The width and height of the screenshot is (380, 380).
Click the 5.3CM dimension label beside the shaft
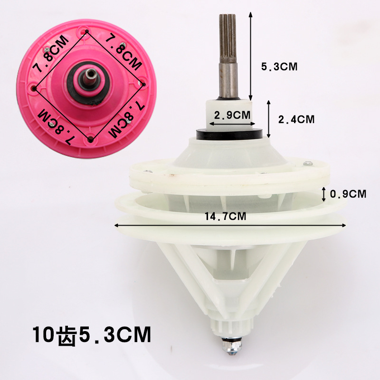[279, 66]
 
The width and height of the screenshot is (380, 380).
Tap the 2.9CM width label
[232, 115]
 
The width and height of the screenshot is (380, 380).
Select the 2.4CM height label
[296, 120]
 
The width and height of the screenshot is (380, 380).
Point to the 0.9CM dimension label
[348, 194]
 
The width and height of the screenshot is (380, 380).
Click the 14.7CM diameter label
[225, 216]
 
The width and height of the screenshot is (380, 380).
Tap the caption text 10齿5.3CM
[92, 335]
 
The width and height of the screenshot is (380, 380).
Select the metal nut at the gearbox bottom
[231, 344]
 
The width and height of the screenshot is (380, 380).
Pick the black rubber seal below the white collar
[229, 134]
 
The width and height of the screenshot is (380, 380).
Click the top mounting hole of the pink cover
[86, 31]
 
